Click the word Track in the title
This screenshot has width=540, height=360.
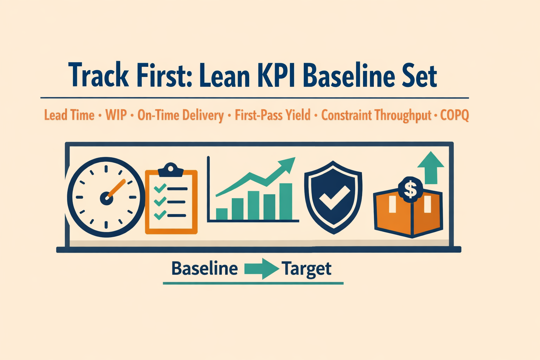tap(98, 76)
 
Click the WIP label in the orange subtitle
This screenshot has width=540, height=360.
tap(116, 115)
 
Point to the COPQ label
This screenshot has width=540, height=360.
tap(454, 115)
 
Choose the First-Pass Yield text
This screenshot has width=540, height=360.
tap(272, 115)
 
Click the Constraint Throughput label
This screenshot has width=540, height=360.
tap(376, 115)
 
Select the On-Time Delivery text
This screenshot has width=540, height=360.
tap(180, 115)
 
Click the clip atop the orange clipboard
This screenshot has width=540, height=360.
tap(171, 170)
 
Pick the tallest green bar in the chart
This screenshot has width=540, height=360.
tap(285, 201)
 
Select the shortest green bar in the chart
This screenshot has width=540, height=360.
tap(221, 214)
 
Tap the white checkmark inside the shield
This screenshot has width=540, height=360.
tap(334, 198)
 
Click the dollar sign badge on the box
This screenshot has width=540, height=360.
tap(410, 189)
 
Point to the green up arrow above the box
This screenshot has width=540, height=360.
tap(431, 167)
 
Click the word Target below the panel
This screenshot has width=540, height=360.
tap(306, 269)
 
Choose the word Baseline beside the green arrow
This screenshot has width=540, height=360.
tap(204, 269)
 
